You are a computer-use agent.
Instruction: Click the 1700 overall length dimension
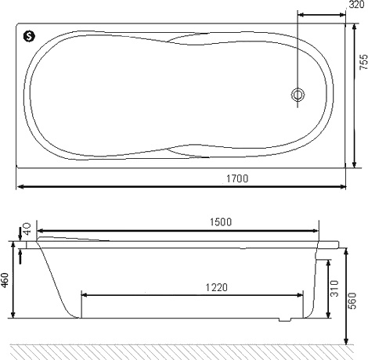point(239,178)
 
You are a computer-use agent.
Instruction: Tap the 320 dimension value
point(356,5)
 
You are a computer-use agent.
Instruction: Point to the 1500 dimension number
point(220,222)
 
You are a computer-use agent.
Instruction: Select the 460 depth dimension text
point(5,280)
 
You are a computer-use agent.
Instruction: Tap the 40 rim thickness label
point(27,229)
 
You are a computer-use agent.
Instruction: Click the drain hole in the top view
point(298,95)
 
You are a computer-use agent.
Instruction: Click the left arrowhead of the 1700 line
point(21,187)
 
